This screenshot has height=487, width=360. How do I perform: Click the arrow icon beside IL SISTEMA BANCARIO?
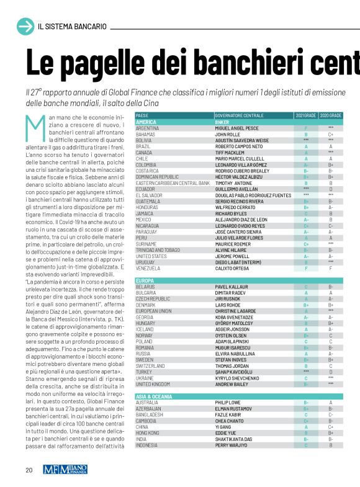(x=25, y=27)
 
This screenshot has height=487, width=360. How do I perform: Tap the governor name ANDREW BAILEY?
(x=235, y=383)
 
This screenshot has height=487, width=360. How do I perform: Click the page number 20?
(x=29, y=470)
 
